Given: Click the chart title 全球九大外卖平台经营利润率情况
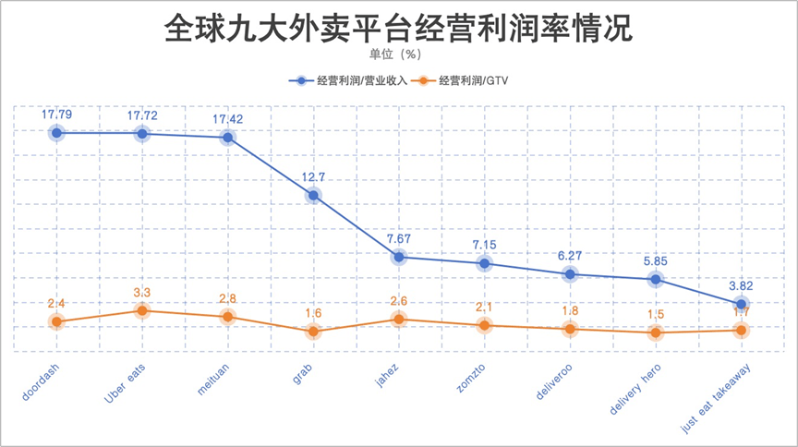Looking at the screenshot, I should click(398, 29).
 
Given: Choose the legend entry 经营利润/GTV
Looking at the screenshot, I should click(466, 81).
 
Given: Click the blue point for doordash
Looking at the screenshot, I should click(56, 133).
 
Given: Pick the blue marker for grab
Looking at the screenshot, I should click(313, 195).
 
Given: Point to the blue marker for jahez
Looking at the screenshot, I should click(399, 257).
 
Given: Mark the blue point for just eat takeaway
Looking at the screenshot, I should click(741, 304).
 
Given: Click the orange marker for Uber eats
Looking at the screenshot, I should click(142, 310).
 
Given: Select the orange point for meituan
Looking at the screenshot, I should click(227, 317).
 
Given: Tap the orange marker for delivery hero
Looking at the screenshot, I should click(656, 332).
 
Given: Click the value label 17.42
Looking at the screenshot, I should click(227, 119).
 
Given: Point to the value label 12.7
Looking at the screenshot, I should click(313, 177).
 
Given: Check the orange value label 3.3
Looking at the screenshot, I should click(142, 293).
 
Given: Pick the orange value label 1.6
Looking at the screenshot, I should click(313, 314).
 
